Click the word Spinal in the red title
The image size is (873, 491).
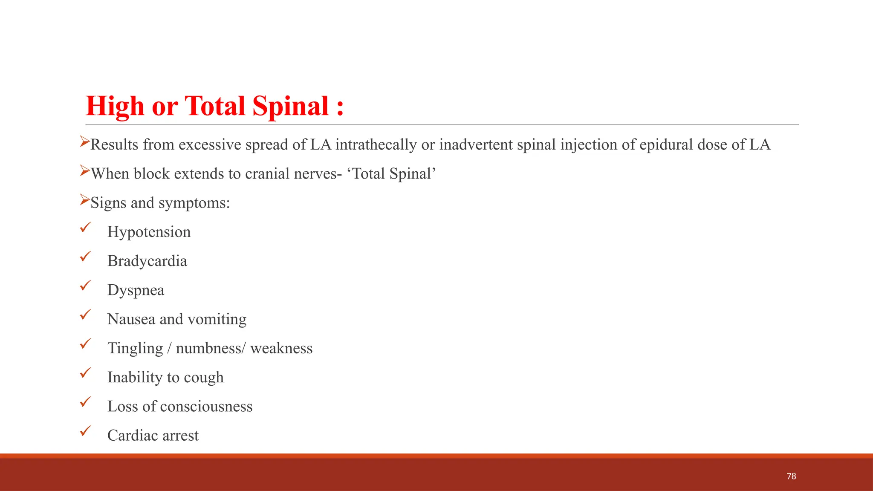point(290,106)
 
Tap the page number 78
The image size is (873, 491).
point(791,476)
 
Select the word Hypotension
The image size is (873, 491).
point(149,232)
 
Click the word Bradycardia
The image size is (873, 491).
point(147,261)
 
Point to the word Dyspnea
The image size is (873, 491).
point(136,290)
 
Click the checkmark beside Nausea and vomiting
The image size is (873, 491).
point(86,315)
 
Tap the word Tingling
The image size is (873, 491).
point(135,349)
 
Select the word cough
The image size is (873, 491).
point(203,378)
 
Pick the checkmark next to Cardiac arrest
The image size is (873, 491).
point(86,431)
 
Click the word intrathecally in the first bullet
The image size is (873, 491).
point(376,145)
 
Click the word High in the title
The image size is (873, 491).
point(115,106)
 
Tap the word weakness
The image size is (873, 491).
point(281,348)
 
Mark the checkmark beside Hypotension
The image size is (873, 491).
point(86,228)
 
